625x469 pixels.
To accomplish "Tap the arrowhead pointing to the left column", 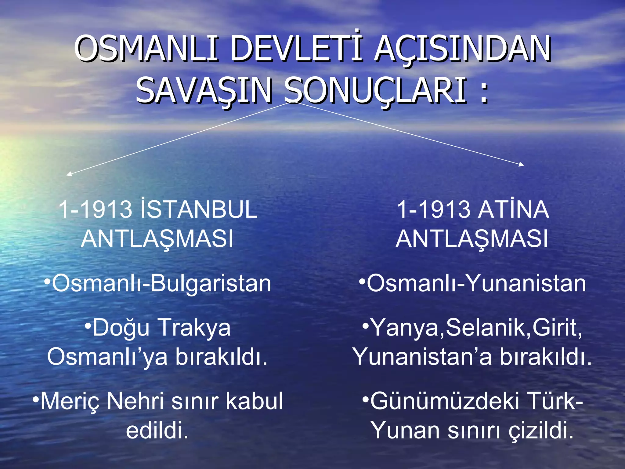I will (69, 174).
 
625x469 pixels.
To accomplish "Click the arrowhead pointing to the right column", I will (522, 165).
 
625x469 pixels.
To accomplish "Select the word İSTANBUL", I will (199, 209).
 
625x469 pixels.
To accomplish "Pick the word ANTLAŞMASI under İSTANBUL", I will (157, 238).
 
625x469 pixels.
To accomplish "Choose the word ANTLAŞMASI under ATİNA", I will (472, 238).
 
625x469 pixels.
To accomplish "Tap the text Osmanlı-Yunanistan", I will (476, 283).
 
